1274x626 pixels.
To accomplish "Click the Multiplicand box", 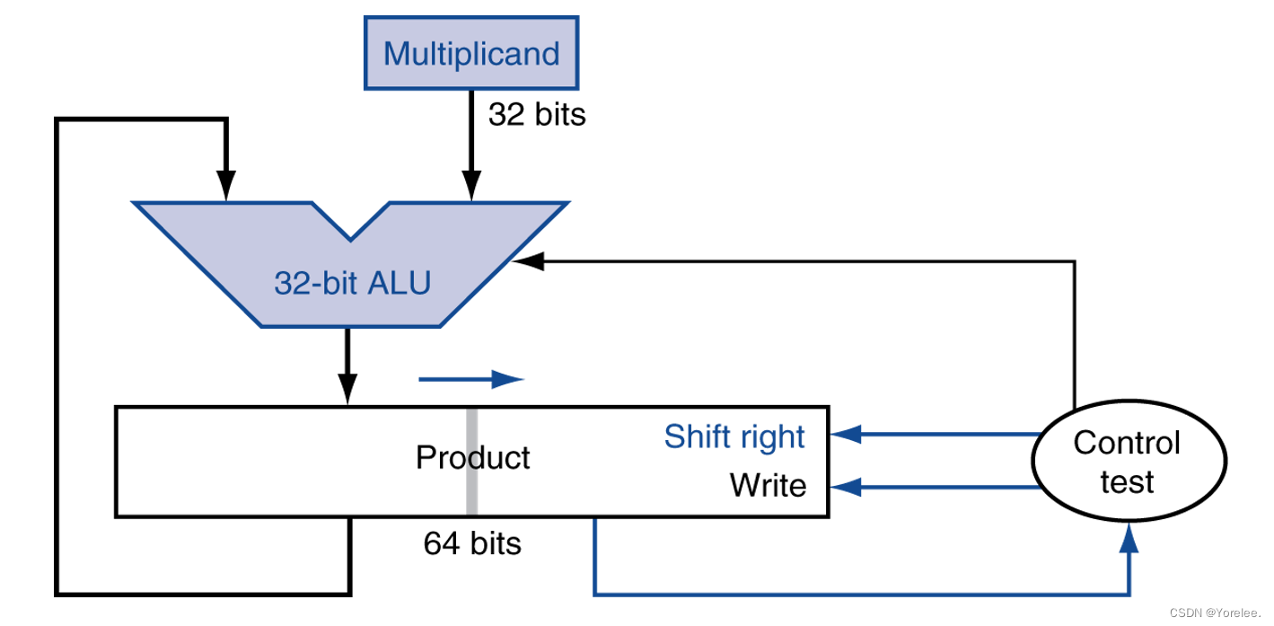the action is pyautogui.click(x=471, y=53).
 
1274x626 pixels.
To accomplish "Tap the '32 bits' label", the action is pyautogui.click(x=537, y=114).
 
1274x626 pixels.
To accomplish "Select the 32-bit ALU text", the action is pyautogui.click(x=353, y=283).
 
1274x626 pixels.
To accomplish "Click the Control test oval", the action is pyautogui.click(x=1129, y=461).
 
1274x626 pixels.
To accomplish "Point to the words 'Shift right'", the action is pyautogui.click(x=734, y=437).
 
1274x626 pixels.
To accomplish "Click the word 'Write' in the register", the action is pyautogui.click(x=768, y=485).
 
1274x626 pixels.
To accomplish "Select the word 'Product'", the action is pyautogui.click(x=472, y=457).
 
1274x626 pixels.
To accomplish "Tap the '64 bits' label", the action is pyautogui.click(x=472, y=542).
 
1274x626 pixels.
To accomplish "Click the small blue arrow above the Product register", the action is pyautogui.click(x=471, y=379).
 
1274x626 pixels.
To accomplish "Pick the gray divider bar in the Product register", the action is pyautogui.click(x=471, y=462).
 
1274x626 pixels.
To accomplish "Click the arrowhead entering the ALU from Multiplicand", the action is pyautogui.click(x=471, y=186).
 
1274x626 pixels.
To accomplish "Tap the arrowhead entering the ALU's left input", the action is pyautogui.click(x=226, y=186).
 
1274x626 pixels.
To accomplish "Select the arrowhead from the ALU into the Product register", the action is pyautogui.click(x=347, y=389).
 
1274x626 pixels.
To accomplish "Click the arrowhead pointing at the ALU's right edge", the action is pyautogui.click(x=529, y=261).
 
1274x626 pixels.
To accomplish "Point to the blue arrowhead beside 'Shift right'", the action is pyautogui.click(x=847, y=434).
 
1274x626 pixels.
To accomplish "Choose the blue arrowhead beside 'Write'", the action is pyautogui.click(x=847, y=487).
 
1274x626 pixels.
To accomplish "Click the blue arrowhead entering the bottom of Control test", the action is pyautogui.click(x=1129, y=538).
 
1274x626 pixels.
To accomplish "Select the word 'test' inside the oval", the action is pyautogui.click(x=1127, y=482).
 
